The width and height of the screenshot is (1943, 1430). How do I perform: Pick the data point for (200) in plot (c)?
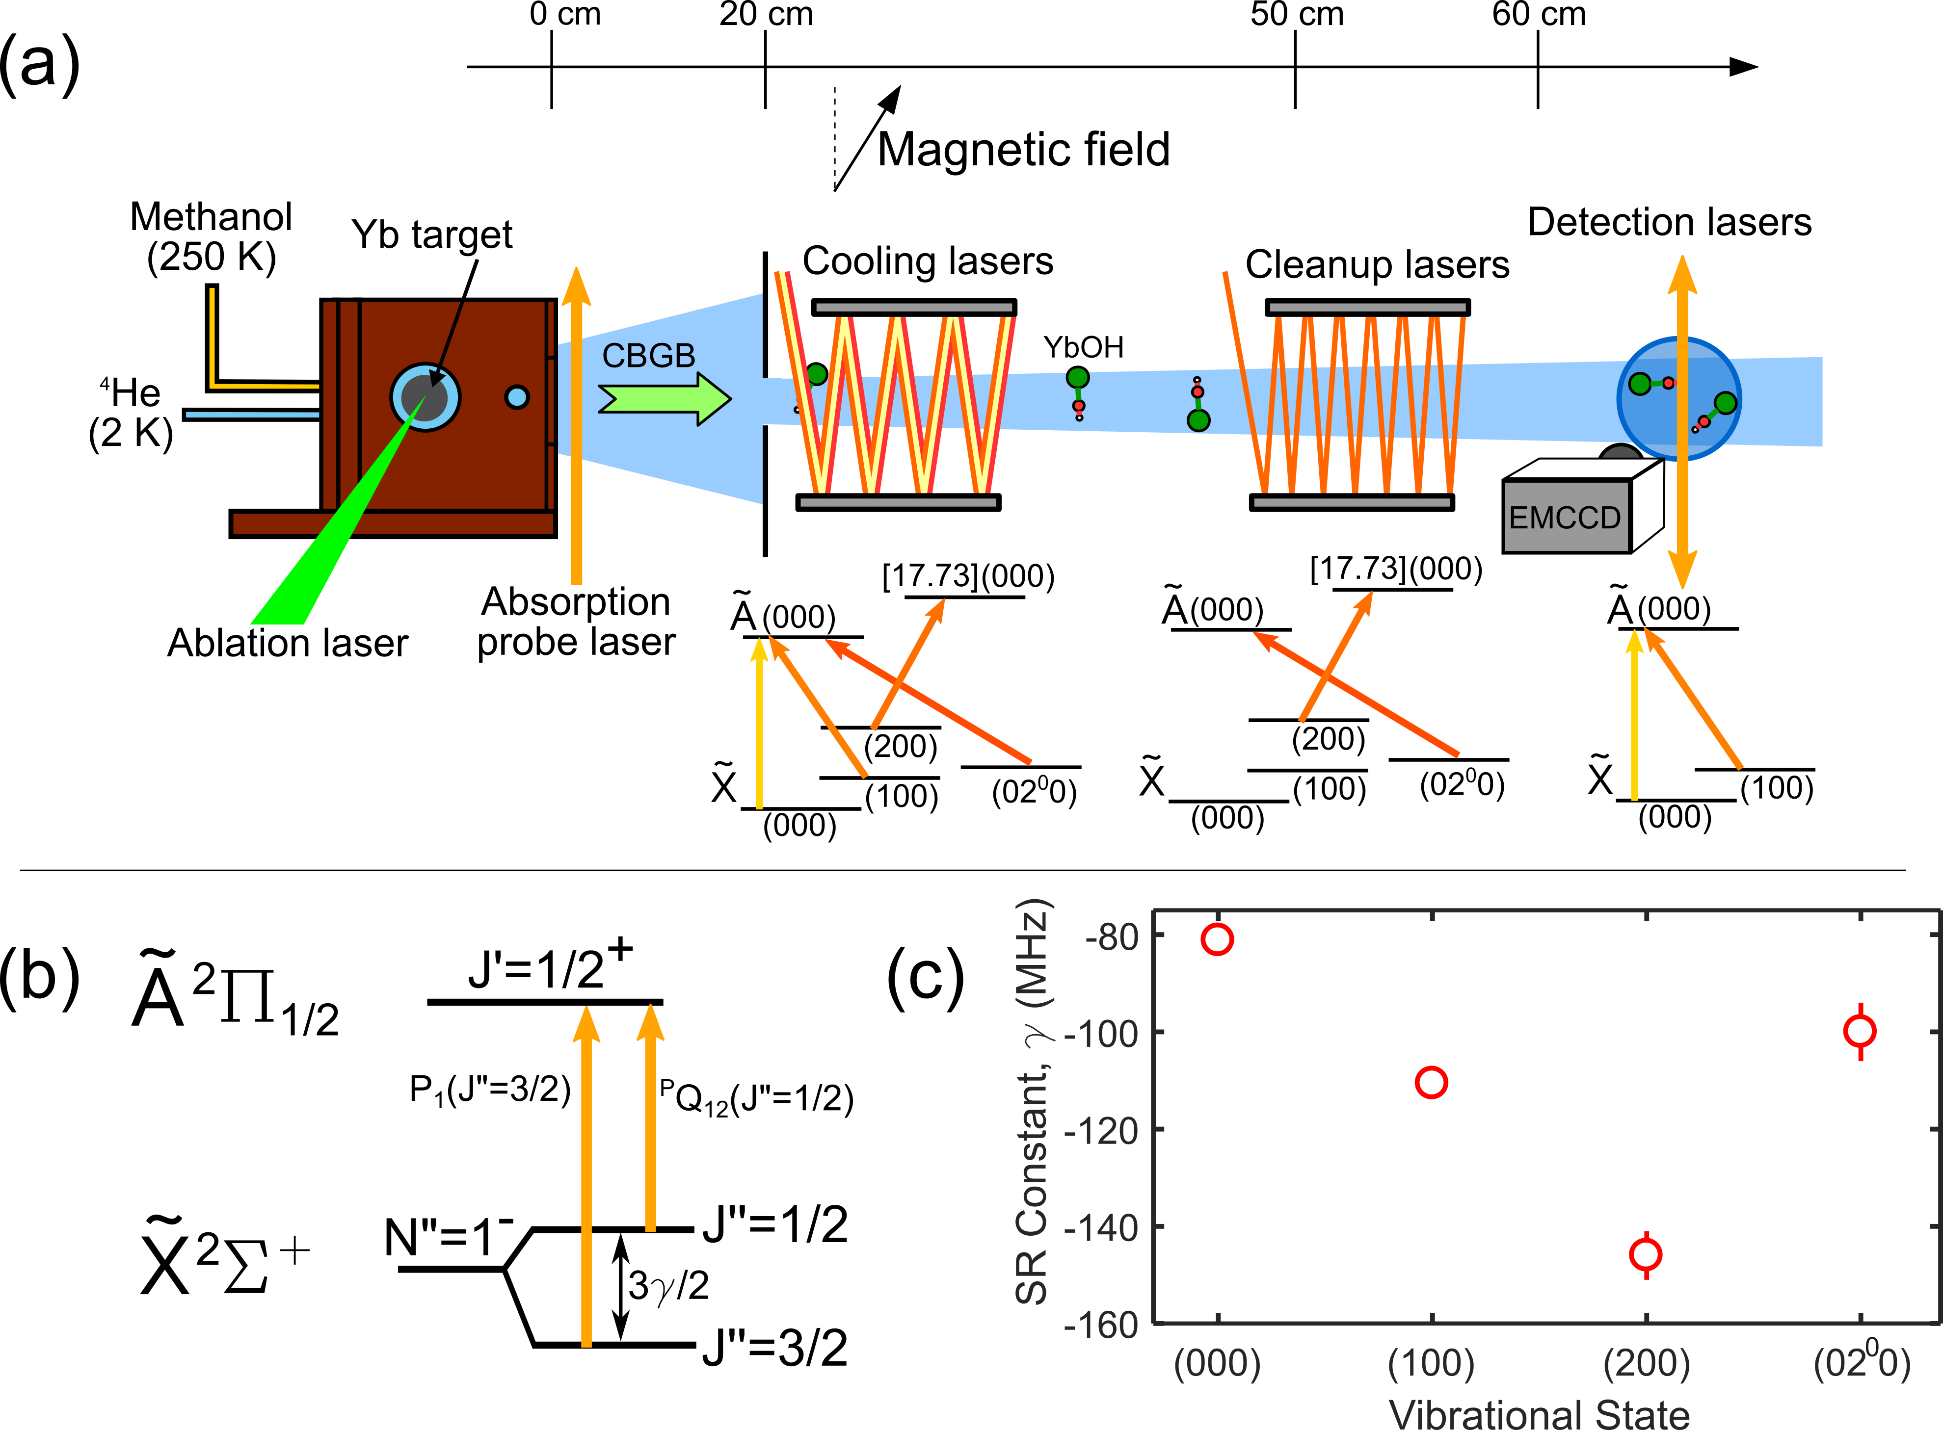(x=1645, y=1254)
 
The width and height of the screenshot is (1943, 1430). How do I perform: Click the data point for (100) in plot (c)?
(x=1431, y=1082)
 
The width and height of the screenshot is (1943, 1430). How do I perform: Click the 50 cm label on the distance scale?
(x=1296, y=15)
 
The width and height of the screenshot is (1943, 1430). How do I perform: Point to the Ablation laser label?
(x=288, y=643)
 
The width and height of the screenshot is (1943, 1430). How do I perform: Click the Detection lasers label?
(x=1669, y=222)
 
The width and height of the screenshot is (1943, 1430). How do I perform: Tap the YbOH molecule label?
(x=1083, y=347)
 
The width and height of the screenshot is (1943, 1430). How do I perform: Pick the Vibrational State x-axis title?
(x=1540, y=1413)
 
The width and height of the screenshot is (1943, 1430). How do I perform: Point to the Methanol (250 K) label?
(x=211, y=236)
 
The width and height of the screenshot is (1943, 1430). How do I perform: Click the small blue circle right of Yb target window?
(x=517, y=397)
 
